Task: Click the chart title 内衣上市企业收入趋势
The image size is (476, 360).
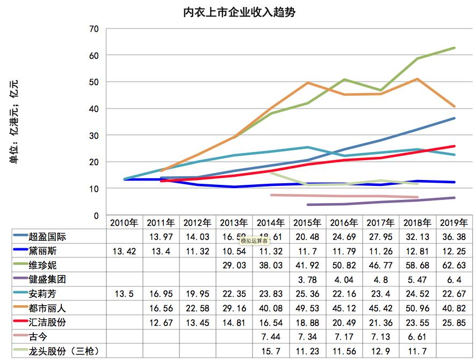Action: pos(239,12)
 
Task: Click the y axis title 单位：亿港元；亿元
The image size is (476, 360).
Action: pos(14,120)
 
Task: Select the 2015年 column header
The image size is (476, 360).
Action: pos(307,222)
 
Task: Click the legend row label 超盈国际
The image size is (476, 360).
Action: pos(49,237)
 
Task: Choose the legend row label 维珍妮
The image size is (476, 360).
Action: pos(45,265)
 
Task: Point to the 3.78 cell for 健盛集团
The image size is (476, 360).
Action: pos(307,280)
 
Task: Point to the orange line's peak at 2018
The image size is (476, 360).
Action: pos(418,79)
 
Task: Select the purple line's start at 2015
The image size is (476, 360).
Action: pos(307,205)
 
